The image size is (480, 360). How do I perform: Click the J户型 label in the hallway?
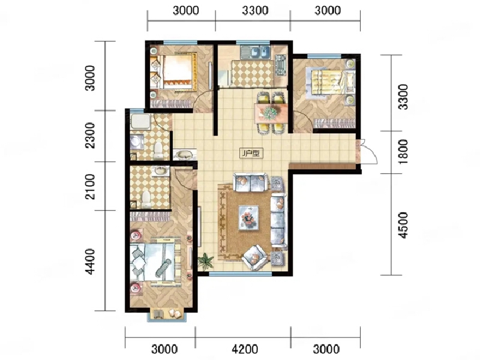coord(248,154)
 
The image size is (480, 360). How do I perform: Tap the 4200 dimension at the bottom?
coord(243,349)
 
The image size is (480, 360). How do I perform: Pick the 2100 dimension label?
coord(90,186)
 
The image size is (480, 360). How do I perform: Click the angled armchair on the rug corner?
coord(260,256)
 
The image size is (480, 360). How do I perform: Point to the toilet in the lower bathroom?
coord(146,197)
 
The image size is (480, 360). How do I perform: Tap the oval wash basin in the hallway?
coord(184,155)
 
